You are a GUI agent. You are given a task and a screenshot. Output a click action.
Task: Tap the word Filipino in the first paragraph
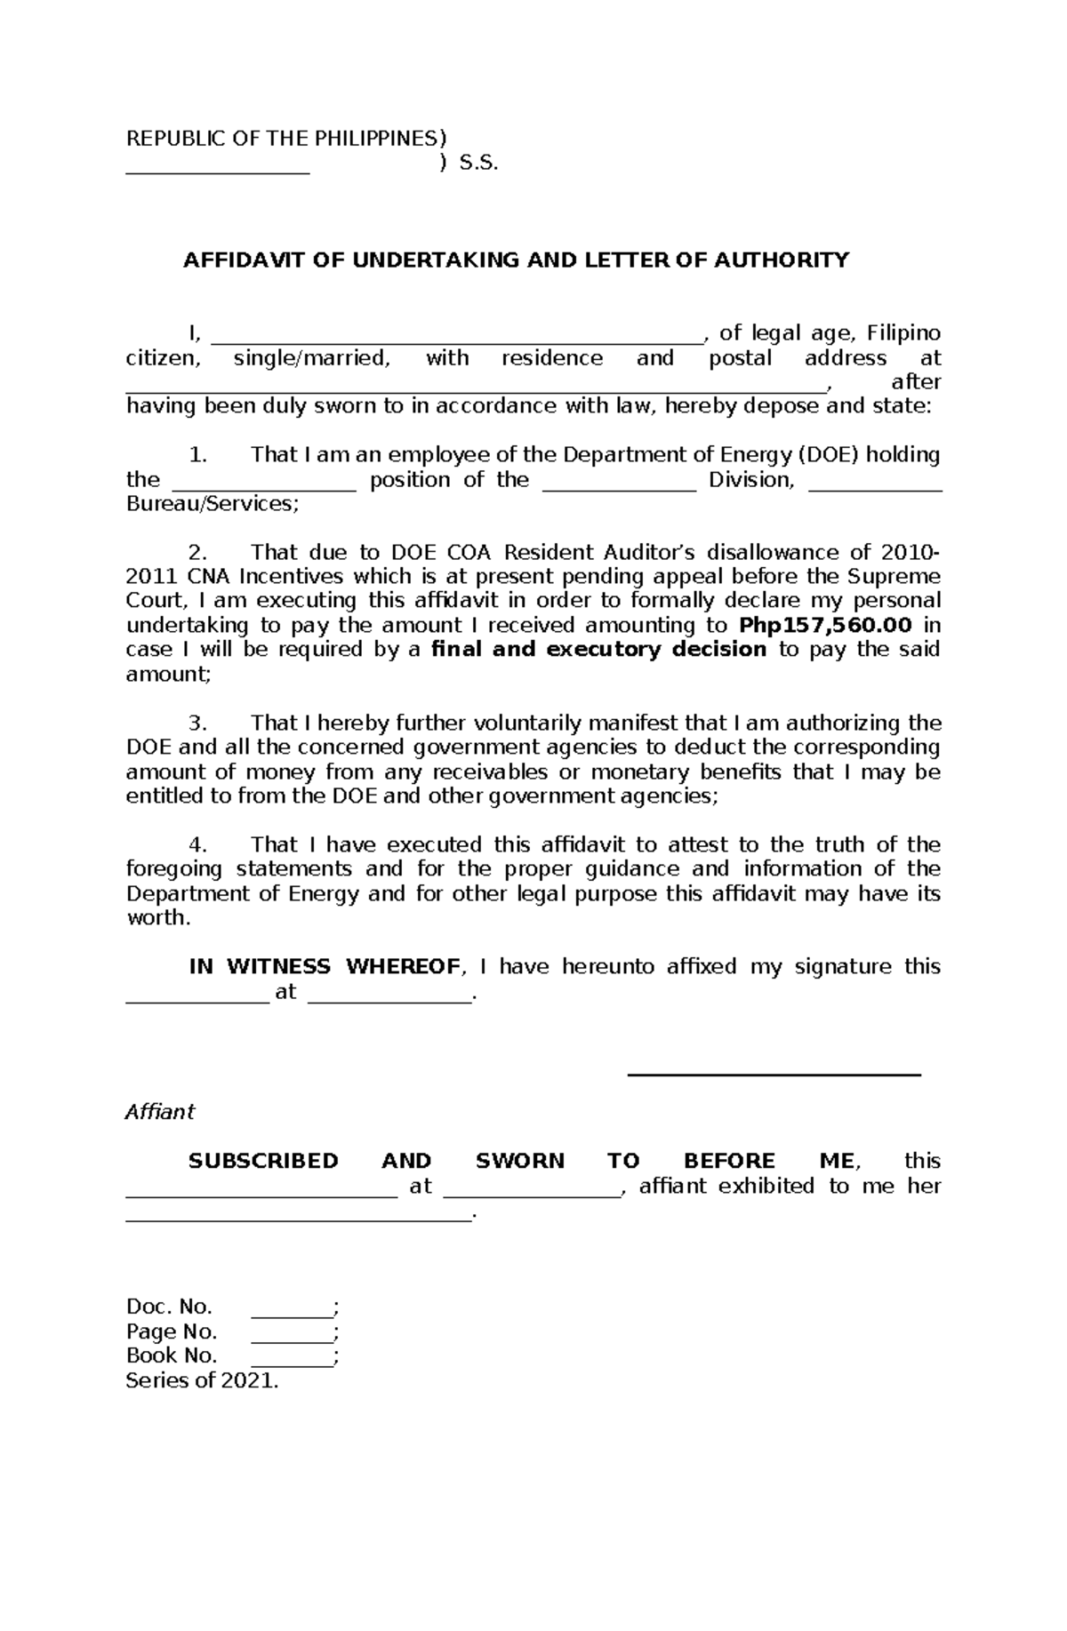point(903,333)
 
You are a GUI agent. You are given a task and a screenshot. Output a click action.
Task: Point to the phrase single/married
point(311,358)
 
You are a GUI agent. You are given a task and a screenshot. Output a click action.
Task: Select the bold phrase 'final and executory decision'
point(598,649)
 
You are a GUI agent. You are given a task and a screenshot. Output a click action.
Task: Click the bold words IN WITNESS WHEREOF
point(325,966)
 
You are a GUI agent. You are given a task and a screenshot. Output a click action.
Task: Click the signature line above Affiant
point(774,1074)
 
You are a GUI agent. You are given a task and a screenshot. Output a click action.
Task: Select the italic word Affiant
point(160,1112)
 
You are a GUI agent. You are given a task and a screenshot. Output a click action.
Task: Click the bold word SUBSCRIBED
point(263,1161)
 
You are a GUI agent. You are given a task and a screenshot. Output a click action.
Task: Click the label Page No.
point(172,1331)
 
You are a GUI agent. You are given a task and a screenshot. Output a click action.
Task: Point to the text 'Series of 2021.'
point(202,1380)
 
